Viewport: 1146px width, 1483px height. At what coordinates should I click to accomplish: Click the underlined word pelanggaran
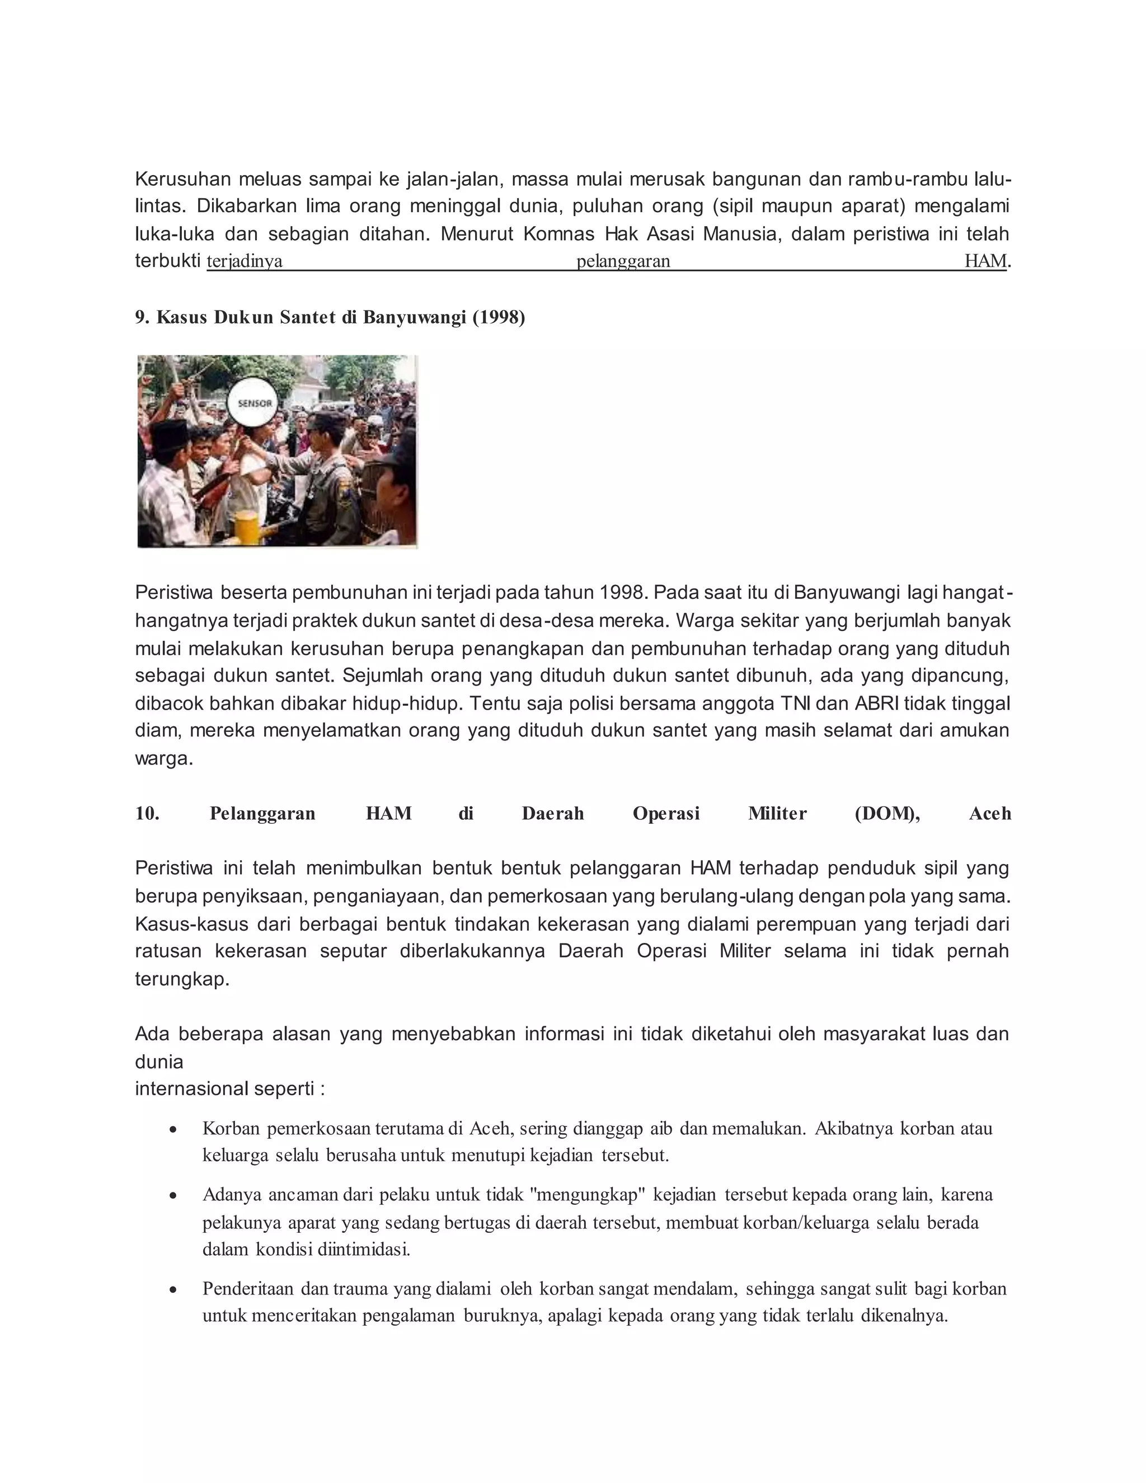click(623, 261)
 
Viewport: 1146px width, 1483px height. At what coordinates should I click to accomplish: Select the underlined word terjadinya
click(245, 261)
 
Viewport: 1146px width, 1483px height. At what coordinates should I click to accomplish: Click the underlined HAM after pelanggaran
click(984, 261)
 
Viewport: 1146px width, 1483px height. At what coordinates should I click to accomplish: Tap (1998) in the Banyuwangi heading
click(499, 318)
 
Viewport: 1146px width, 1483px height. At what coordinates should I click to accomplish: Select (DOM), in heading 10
click(887, 814)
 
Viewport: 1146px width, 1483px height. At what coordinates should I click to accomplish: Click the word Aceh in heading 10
click(990, 814)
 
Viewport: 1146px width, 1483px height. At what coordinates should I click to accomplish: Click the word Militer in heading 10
click(777, 814)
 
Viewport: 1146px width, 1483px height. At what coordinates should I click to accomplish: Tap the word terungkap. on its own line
click(182, 979)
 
